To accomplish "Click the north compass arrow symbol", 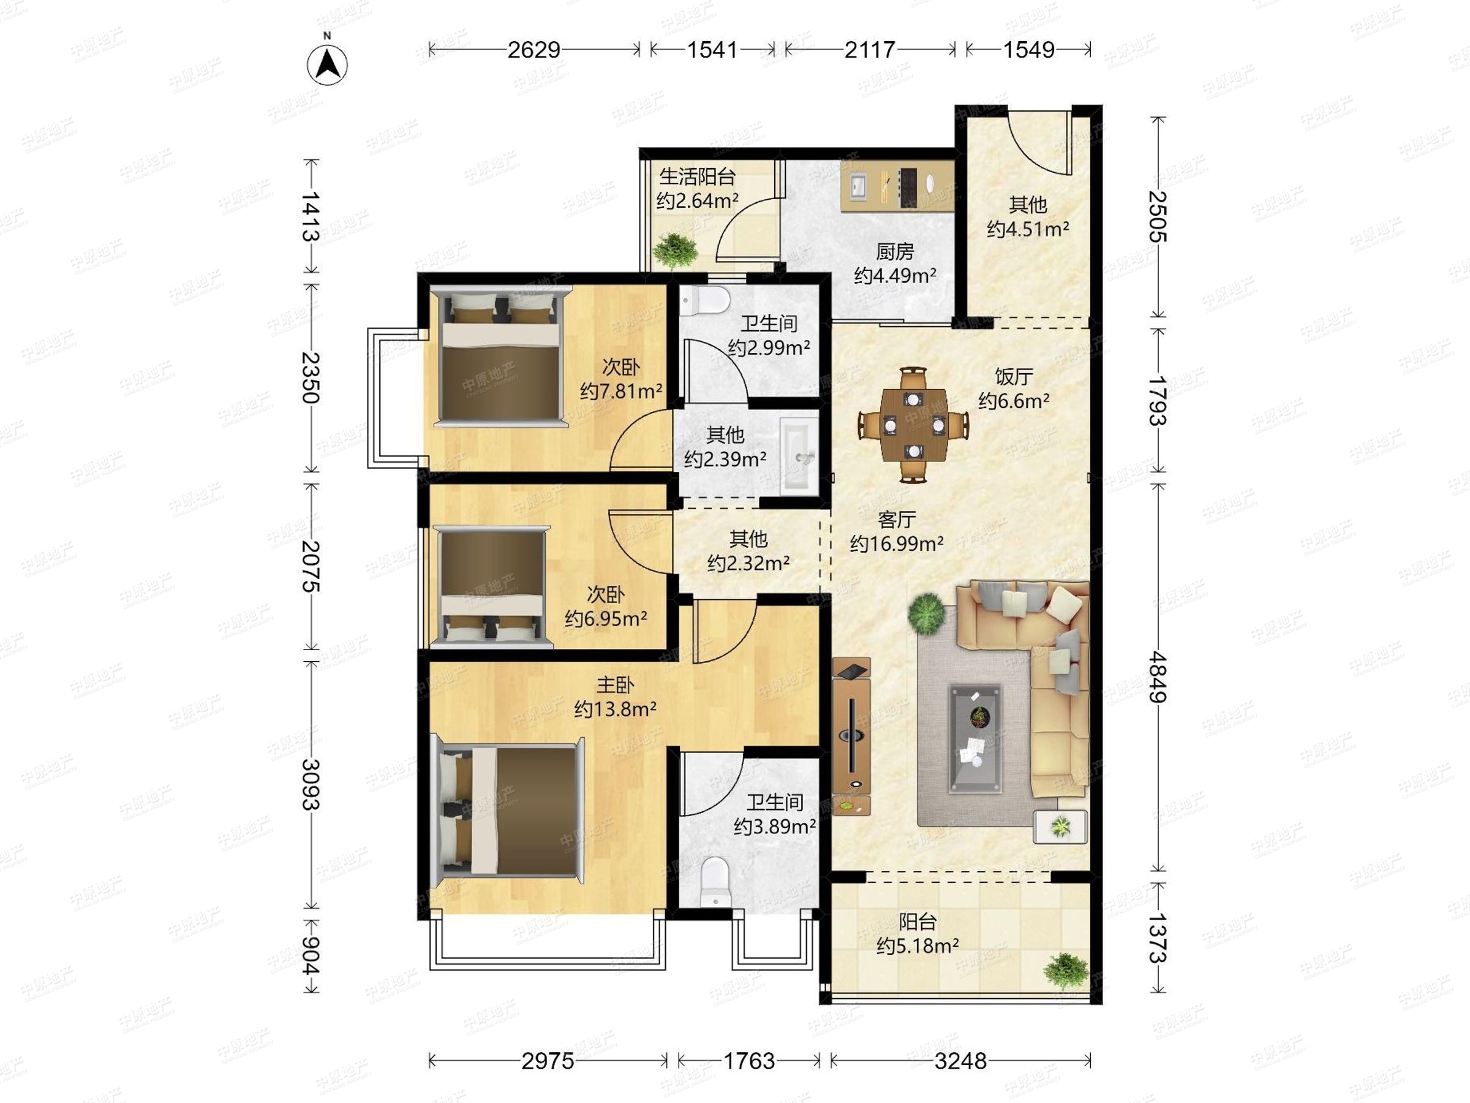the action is click(327, 64).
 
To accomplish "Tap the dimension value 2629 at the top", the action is click(533, 50).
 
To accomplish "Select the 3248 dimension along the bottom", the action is click(960, 1061).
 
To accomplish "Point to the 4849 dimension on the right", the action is click(1158, 677).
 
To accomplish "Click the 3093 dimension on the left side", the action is click(311, 784).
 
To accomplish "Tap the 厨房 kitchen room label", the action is click(894, 251).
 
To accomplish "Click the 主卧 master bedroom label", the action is click(615, 685).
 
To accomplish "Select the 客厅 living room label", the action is click(897, 519).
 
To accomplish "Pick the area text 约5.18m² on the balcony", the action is click(917, 946).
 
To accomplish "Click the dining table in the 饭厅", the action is click(913, 424).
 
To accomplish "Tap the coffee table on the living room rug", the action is click(976, 738).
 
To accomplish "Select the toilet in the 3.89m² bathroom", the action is click(716, 882).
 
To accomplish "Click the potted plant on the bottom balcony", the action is click(1066, 971).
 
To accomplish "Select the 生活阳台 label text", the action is click(697, 177).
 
